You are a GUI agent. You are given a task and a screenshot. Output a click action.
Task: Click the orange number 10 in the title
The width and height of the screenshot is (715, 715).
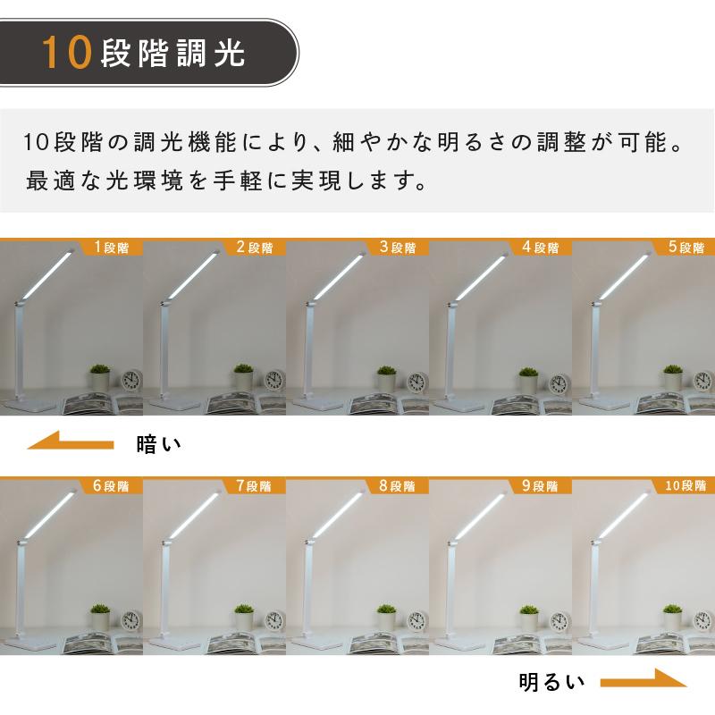(68, 55)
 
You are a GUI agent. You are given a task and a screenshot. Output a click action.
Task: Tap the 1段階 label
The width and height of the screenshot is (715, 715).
(112, 248)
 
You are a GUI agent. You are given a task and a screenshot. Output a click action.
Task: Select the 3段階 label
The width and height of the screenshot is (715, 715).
(398, 248)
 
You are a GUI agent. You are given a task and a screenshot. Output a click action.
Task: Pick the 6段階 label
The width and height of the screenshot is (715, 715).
(112, 487)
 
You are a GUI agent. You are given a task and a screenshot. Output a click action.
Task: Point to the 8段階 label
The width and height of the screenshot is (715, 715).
(398, 487)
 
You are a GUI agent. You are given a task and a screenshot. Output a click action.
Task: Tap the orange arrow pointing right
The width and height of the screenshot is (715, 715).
(643, 684)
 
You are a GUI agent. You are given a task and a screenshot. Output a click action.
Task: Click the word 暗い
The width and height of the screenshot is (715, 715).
(159, 442)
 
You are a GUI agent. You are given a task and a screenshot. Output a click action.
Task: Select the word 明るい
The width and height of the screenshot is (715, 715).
(551, 684)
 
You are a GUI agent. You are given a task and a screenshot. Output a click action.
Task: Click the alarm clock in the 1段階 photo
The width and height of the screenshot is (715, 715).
(132, 382)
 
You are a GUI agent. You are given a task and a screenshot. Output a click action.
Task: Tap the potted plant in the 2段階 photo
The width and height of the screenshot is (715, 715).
(242, 379)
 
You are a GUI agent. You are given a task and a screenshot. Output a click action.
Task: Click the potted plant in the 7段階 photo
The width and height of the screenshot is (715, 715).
(242, 618)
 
